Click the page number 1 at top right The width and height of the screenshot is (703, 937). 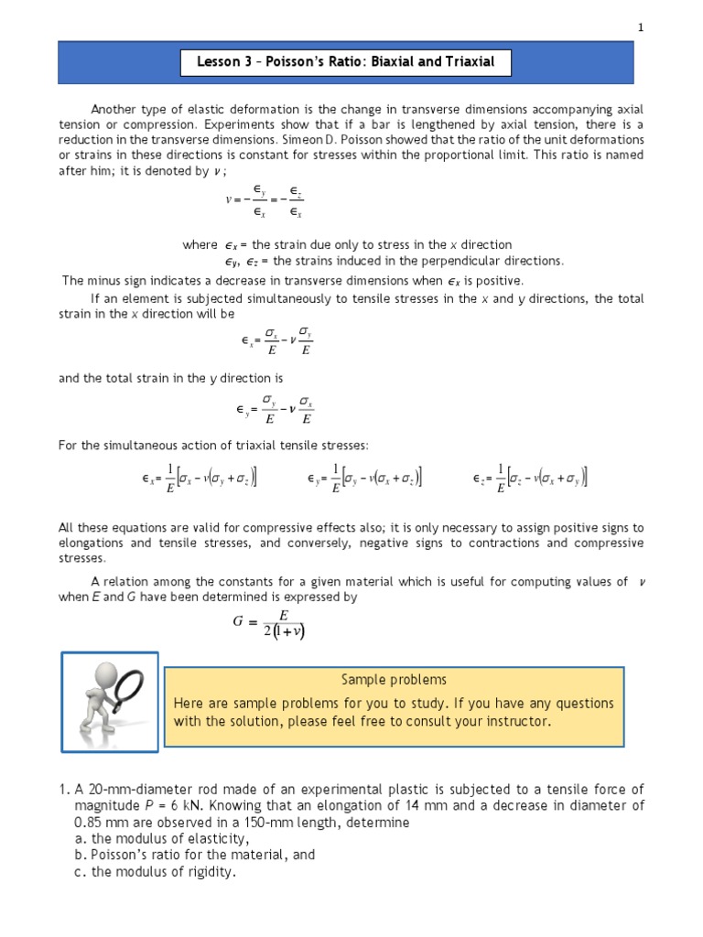642,27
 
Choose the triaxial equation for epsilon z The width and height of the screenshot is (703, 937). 530,479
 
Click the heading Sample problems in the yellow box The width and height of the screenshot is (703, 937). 394,680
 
